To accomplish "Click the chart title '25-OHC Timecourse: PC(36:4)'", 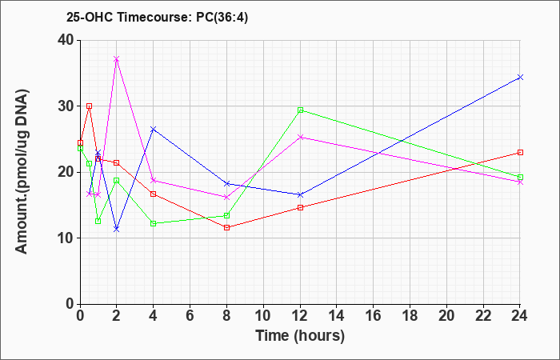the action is click(x=157, y=17).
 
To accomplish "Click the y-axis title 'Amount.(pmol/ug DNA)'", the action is click(x=22, y=172).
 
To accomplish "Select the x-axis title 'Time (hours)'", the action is click(x=300, y=336).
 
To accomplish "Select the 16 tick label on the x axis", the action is click(x=374, y=316).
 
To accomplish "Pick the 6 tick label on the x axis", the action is click(x=190, y=316).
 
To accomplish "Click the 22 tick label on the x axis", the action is click(x=483, y=316).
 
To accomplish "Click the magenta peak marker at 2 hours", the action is click(x=117, y=59).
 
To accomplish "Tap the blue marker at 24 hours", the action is click(x=520, y=77).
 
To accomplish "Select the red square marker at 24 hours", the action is click(x=520, y=153).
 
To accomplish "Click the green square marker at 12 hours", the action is click(x=300, y=110).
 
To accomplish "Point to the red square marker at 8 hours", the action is click(x=226, y=227).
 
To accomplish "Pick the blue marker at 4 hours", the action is click(x=154, y=129).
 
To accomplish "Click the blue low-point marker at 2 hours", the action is click(x=117, y=229).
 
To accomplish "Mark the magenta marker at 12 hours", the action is click(x=300, y=137).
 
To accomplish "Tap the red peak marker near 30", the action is click(x=90, y=106).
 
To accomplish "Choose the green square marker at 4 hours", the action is click(x=154, y=223).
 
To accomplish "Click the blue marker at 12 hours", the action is click(x=300, y=194).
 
